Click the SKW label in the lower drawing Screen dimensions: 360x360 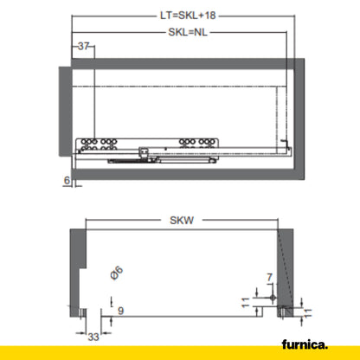(181, 221)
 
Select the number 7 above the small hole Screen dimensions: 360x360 (269, 277)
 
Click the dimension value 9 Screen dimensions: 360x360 (120, 312)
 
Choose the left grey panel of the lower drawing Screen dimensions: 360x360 (76, 268)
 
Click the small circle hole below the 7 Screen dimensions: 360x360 (273, 297)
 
